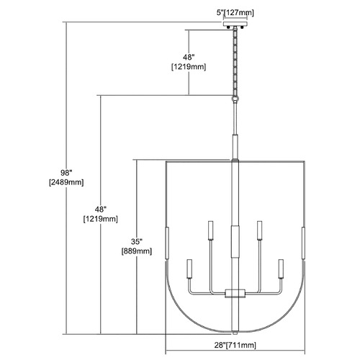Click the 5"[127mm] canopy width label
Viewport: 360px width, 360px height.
point(235,12)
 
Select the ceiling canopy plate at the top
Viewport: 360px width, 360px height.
point(235,24)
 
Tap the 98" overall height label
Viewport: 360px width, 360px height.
point(66,173)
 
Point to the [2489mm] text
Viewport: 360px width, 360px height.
point(66,183)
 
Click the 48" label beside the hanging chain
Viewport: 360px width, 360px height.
point(189,57)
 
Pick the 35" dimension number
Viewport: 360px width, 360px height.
point(137,241)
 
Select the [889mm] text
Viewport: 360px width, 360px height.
point(137,251)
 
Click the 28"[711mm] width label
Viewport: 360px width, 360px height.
point(235,345)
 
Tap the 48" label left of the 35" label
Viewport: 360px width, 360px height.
point(101,210)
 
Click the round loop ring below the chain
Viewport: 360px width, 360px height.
point(235,99)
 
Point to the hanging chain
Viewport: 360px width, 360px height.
point(235,62)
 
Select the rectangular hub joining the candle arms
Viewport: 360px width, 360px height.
point(235,293)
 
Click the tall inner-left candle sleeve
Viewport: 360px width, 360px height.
point(211,230)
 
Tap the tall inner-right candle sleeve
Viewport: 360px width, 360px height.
point(259,230)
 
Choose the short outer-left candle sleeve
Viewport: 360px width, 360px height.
point(189,269)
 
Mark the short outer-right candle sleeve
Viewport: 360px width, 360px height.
point(281,269)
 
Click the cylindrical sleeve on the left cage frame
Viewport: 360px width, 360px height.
point(167,243)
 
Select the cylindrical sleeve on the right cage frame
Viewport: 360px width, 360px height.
point(303,243)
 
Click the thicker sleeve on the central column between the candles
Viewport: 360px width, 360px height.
point(235,241)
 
